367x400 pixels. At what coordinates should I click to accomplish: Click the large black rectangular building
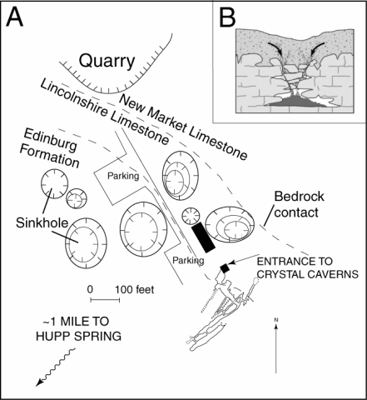[x=202, y=237]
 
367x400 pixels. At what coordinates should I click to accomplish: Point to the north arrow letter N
[x=275, y=320]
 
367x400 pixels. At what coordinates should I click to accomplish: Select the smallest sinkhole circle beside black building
[x=191, y=215]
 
